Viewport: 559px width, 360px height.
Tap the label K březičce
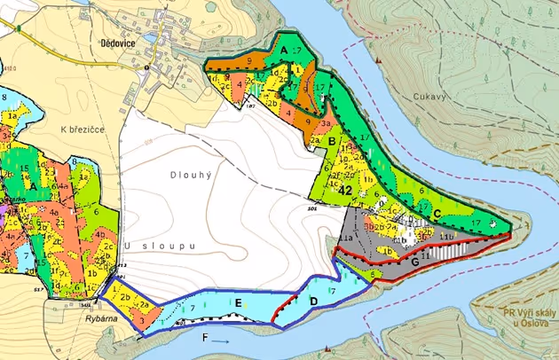[x=82, y=129]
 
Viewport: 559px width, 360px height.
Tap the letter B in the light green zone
[x=332, y=140]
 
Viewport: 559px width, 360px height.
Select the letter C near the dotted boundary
[x=438, y=212]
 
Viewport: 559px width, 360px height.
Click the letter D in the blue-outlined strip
[x=312, y=301]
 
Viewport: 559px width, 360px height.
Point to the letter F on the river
[x=207, y=338]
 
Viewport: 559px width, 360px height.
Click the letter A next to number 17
[x=284, y=52]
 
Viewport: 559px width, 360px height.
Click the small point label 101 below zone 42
[x=312, y=210]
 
